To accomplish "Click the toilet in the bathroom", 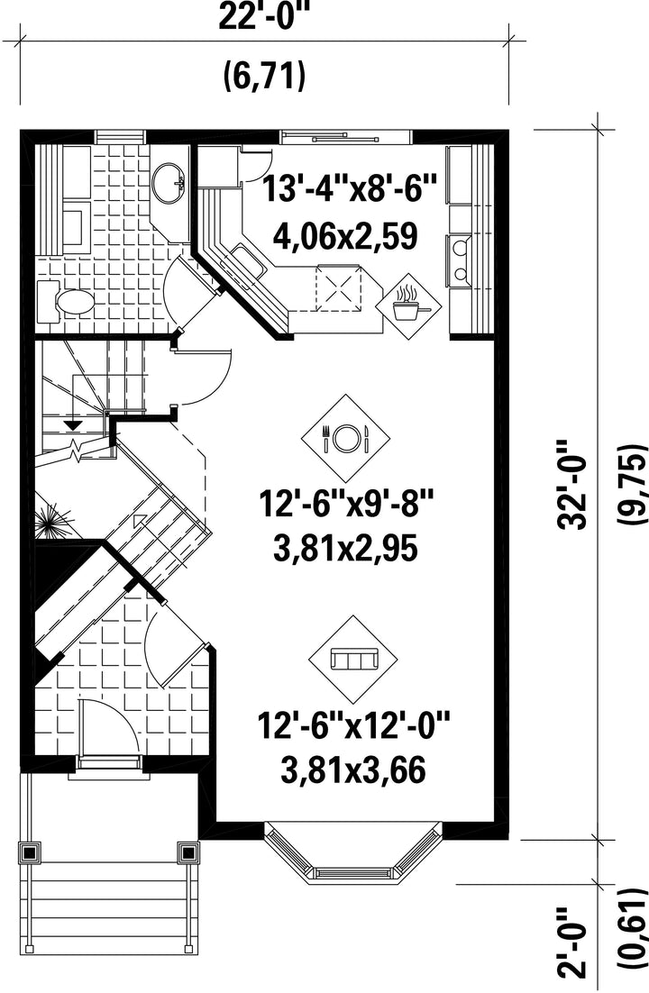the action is pos(66,302).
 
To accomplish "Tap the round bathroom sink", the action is pos(169,182).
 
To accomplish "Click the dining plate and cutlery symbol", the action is pos(345,436).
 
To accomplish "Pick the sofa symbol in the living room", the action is pos(353,659).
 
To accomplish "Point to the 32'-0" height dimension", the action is pos(573,485).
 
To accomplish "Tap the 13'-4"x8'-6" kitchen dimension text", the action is pos(350,188).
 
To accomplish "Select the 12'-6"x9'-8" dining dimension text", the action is pos(345,505).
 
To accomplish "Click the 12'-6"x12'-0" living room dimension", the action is pos(353,726).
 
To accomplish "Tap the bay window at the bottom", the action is pos(352,850).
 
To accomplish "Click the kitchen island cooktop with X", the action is pos(340,287).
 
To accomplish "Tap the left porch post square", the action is pos(29,852).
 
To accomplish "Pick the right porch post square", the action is pos(188,852).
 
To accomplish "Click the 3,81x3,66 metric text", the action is pos(352,770).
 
